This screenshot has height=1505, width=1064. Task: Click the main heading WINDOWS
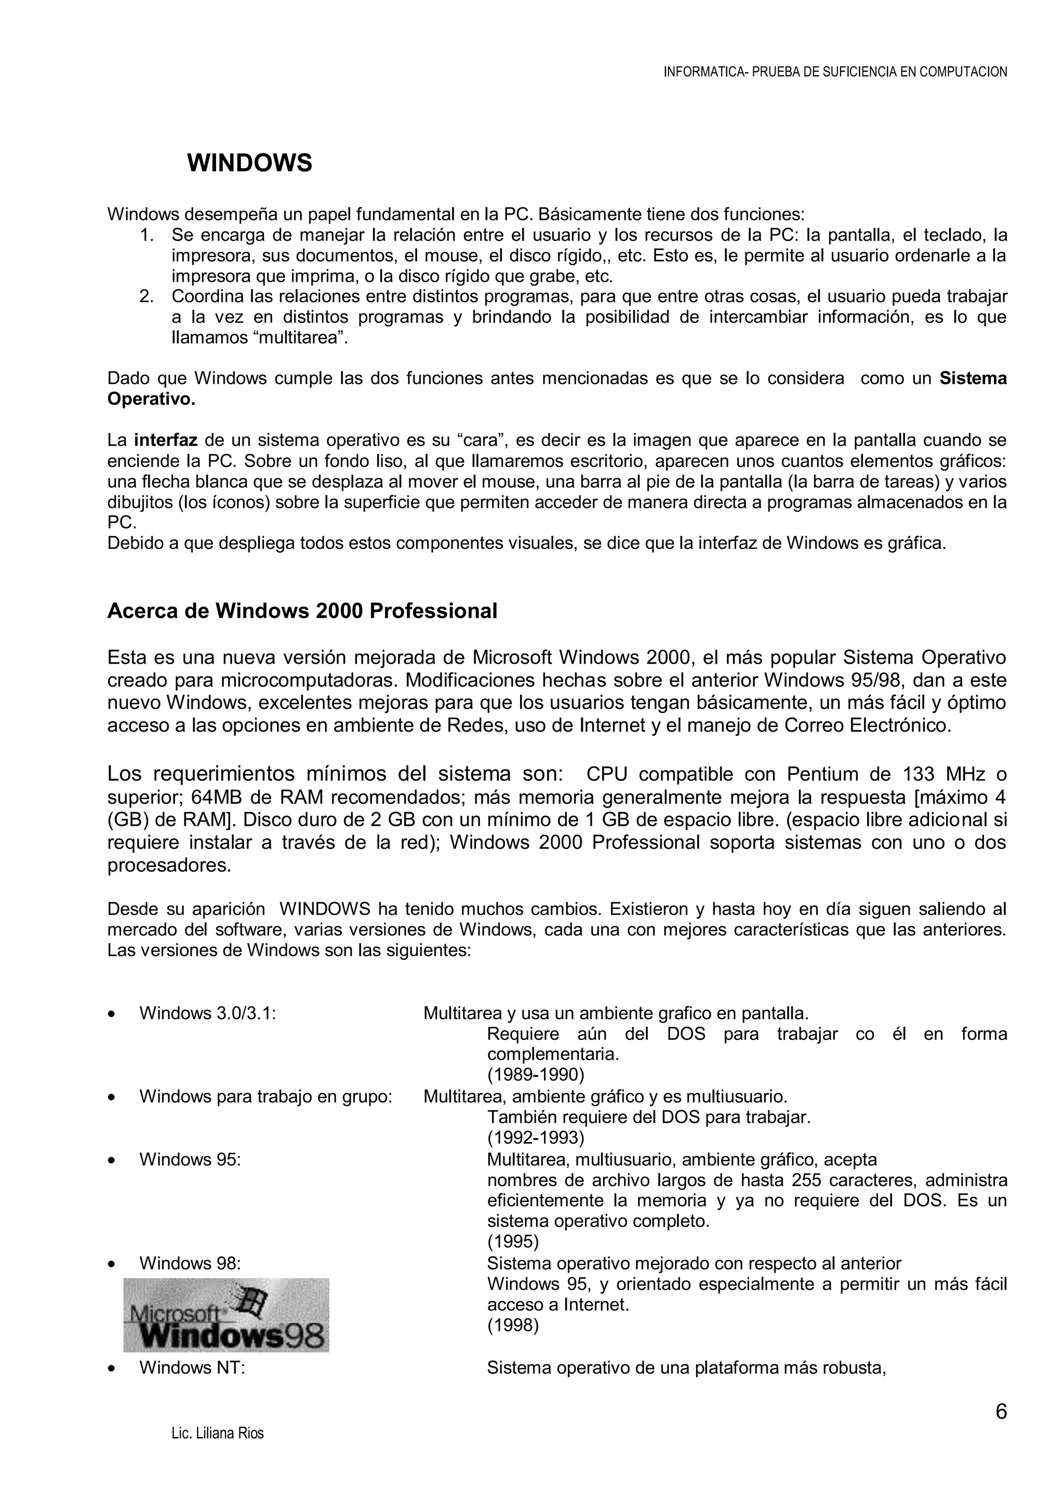click(x=249, y=163)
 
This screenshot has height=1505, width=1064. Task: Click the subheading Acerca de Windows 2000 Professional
click(x=302, y=611)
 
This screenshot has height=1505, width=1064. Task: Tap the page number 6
click(x=1001, y=1412)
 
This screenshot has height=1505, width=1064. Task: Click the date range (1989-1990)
click(x=535, y=1075)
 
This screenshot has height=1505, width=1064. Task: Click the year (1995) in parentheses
click(x=512, y=1242)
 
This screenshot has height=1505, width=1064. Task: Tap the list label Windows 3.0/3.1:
click(x=208, y=1013)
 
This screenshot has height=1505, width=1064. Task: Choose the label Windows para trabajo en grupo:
click(x=265, y=1096)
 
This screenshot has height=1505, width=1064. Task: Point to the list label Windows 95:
click(x=190, y=1159)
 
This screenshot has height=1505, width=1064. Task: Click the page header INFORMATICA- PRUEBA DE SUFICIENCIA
click(x=835, y=72)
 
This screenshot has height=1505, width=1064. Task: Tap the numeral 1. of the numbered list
click(x=146, y=235)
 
